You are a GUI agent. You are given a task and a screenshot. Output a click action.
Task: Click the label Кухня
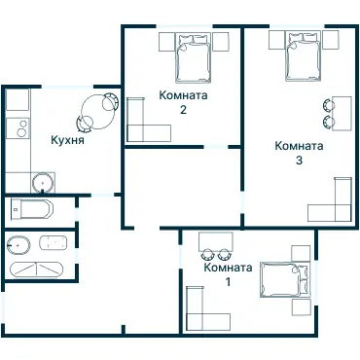67,140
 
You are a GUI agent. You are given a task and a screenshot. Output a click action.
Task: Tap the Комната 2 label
183,102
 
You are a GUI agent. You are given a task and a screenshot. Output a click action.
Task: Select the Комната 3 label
299,153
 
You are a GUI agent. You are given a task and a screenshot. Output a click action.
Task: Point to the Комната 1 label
228,274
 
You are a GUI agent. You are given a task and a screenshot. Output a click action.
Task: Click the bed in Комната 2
194,57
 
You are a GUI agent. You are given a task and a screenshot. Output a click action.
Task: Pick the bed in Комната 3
303,55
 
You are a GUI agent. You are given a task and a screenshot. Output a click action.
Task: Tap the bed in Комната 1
284,280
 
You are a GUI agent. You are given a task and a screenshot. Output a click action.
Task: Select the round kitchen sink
43,182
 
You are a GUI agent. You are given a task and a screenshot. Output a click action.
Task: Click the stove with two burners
18,127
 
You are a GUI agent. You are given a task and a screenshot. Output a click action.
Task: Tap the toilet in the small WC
31,209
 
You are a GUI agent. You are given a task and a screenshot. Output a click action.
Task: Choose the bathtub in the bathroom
36,270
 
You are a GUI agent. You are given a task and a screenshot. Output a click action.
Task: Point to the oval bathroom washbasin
18,245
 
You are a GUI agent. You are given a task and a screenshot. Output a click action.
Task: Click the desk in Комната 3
342,113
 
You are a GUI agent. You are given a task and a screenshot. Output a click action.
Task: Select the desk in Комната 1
216,241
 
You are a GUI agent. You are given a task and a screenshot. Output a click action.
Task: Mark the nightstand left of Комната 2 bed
167,42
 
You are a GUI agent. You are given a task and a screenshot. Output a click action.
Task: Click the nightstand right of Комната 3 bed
331,40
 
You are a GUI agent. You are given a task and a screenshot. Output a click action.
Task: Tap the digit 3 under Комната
299,160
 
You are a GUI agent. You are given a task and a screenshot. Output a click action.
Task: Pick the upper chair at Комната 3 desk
328,105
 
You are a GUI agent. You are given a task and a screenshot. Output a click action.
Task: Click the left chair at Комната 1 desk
207,254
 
